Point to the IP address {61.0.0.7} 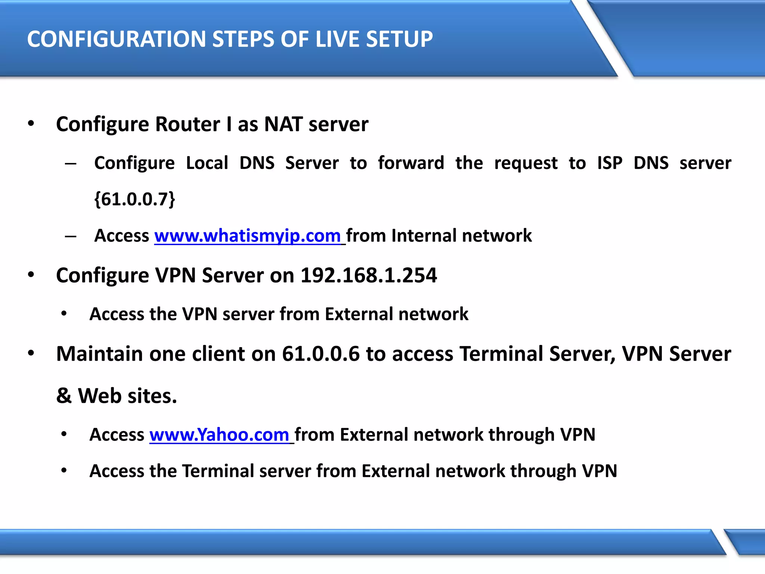coord(134,199)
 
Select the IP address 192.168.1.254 coord(369,275)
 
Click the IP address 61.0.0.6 coord(320,354)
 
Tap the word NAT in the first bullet coord(283,124)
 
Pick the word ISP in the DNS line coord(610,163)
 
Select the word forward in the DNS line coord(411,163)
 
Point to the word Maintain coord(99,354)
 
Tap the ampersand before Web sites coord(64,396)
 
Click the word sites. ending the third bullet coord(152,396)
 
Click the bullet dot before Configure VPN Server coord(31,275)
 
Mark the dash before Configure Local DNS coord(70,163)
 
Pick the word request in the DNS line coord(526,163)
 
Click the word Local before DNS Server coord(207,163)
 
